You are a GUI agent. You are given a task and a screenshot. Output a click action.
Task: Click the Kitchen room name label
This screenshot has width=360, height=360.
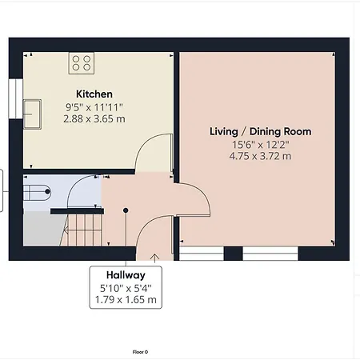point(94,94)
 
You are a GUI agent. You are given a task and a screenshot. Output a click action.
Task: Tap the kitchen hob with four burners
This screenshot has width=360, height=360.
point(82,63)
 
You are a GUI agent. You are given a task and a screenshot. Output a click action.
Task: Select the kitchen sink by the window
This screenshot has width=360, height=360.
point(32,114)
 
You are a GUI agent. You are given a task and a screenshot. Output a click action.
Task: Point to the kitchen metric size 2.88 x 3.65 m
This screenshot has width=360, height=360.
point(94,118)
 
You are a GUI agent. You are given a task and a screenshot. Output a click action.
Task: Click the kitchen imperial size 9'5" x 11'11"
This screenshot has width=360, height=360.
point(94,107)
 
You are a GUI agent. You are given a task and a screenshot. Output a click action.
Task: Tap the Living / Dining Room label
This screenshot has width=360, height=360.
point(260,131)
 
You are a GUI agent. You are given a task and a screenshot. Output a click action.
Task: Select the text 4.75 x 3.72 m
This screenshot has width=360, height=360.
point(260,156)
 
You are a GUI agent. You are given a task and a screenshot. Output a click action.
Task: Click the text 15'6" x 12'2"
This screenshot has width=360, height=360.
point(260,145)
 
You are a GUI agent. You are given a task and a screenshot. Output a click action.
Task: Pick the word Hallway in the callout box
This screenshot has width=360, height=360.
point(126,275)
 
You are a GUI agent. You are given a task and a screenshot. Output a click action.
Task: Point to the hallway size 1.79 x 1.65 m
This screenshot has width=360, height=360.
point(126,300)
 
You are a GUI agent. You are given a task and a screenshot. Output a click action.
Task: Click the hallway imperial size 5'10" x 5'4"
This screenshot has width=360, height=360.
point(126,288)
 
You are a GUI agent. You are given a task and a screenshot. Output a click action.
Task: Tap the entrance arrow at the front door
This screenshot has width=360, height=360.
point(154,258)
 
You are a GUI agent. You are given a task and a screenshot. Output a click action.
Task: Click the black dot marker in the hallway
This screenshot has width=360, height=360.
point(126,210)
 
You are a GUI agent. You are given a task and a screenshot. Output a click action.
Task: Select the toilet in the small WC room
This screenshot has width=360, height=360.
point(37,191)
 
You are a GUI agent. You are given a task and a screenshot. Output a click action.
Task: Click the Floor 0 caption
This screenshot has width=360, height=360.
point(140,352)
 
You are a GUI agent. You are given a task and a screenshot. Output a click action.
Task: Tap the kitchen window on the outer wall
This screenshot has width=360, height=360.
point(16,98)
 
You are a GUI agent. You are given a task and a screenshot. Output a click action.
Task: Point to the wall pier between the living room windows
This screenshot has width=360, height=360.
point(233,254)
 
